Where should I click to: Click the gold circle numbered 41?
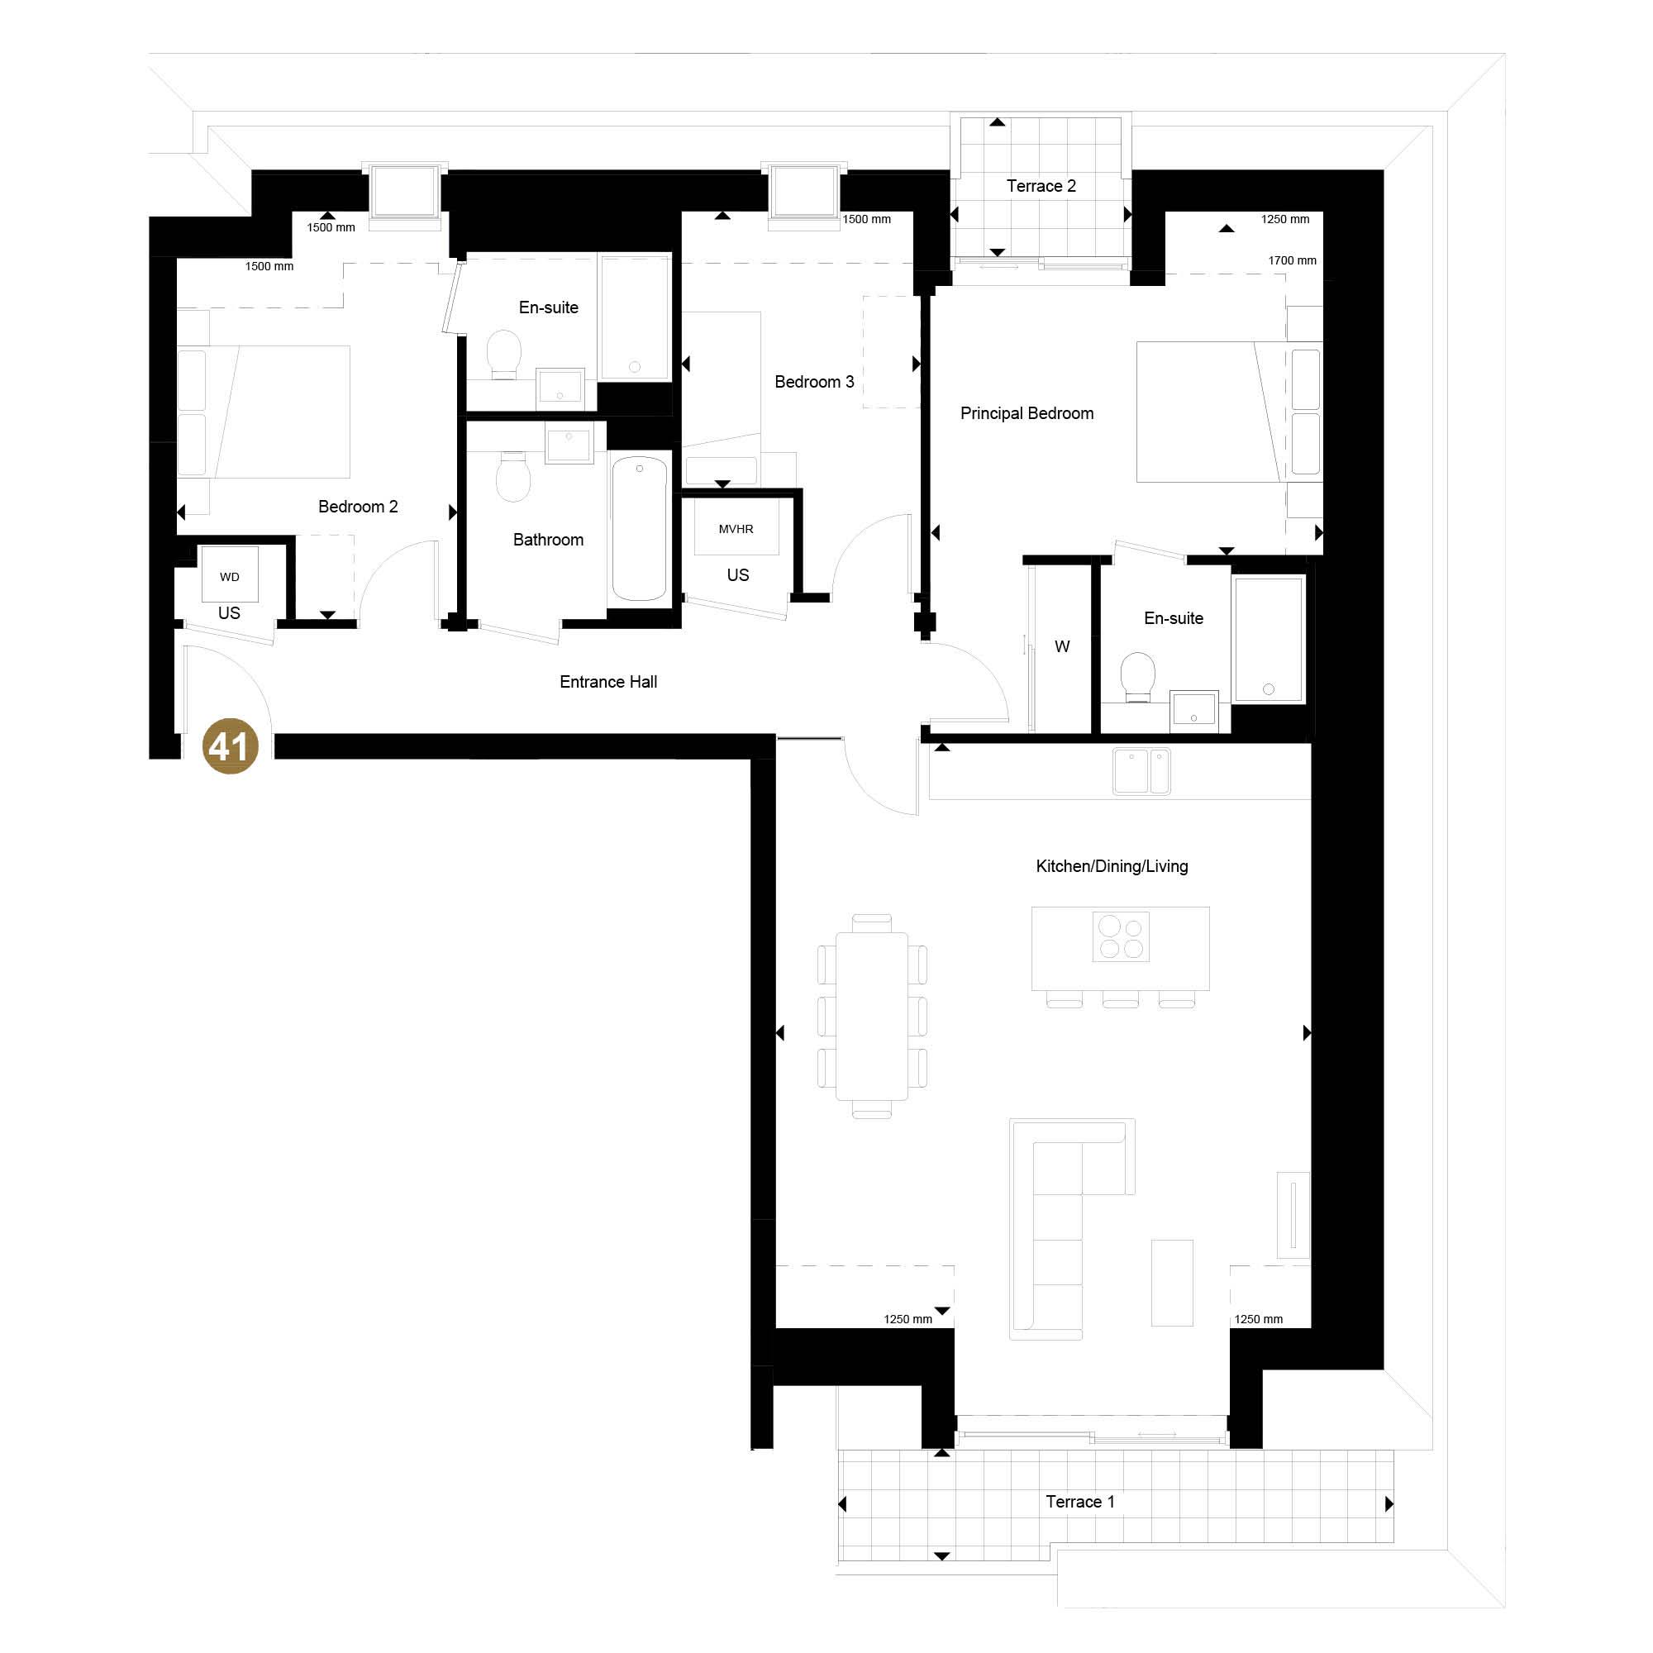[230, 746]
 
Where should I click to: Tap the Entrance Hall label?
[608, 682]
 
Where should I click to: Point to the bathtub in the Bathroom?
[639, 528]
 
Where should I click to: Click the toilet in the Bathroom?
[513, 477]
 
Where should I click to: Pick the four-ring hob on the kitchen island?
[1122, 937]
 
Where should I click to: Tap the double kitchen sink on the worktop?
[1141, 771]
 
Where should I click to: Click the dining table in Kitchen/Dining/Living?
[872, 1016]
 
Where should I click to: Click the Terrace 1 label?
[1079, 1502]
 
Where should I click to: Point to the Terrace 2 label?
[1041, 186]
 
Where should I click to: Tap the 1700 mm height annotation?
[1292, 260]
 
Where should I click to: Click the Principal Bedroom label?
[1027, 413]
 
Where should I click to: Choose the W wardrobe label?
[1062, 646]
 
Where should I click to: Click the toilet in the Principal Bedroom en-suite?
[1138, 677]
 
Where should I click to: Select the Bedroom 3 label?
[813, 382]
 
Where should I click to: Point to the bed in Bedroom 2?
[264, 412]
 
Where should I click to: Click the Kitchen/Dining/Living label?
[1112, 866]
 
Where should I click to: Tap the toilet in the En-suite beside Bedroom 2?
[504, 355]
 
